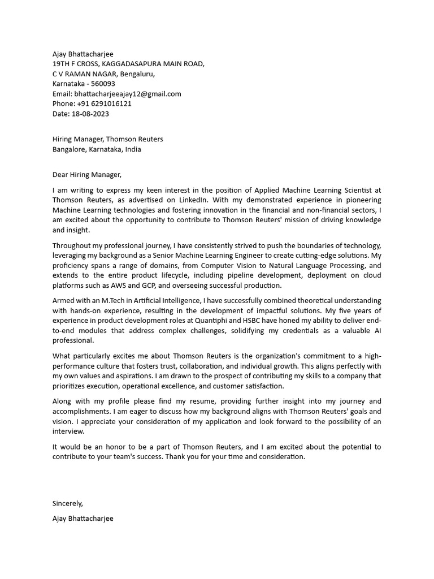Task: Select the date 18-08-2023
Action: coord(90,114)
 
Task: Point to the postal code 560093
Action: coord(103,84)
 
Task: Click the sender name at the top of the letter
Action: coord(83,54)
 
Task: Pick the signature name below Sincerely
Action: coord(83,518)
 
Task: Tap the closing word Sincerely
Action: coord(67,503)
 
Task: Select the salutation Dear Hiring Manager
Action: coord(87,175)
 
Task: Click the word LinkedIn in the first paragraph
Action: coord(193,200)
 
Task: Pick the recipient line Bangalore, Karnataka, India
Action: coord(97,149)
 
